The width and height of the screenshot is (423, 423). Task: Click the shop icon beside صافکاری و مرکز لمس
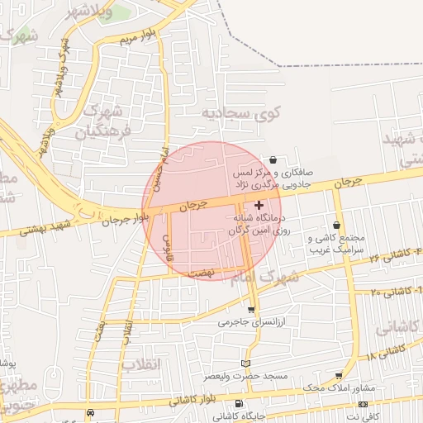(273, 159)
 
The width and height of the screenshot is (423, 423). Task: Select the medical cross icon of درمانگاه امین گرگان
(259, 205)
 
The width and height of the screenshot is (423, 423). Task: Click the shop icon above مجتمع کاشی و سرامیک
(336, 225)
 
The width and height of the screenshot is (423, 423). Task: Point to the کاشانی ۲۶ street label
(379, 259)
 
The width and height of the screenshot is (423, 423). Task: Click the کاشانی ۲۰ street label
(395, 292)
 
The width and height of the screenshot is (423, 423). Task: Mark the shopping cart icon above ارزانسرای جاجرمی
(251, 310)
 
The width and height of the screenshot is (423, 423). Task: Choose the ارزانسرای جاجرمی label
(251, 323)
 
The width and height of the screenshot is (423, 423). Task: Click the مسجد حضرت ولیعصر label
(246, 376)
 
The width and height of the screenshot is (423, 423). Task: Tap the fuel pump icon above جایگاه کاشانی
(239, 404)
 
